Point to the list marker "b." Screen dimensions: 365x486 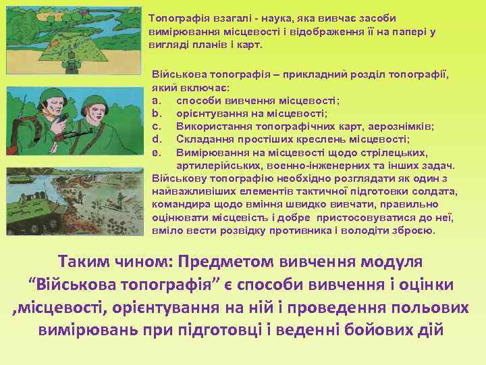pyautogui.click(x=157, y=114)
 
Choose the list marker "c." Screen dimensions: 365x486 pyautogui.click(x=157, y=126)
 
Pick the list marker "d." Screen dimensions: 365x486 pyautogui.click(x=157, y=139)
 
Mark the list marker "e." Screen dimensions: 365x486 pyautogui.click(x=157, y=151)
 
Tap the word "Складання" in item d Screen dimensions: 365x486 pyautogui.click(x=202, y=139)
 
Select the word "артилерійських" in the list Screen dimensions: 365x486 pyautogui.click(x=213, y=164)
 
